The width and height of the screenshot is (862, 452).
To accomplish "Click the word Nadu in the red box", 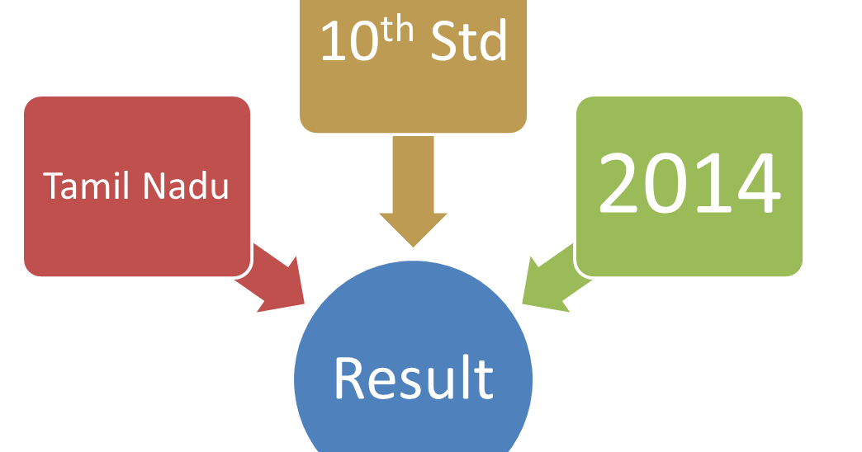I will (186, 186).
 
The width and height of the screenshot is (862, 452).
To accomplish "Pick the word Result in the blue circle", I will (413, 379).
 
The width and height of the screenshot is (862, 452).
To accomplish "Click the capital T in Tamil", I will (53, 186).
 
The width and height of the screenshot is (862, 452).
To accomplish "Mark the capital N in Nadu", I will (155, 186).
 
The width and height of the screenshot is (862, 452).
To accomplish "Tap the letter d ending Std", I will (494, 42).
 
